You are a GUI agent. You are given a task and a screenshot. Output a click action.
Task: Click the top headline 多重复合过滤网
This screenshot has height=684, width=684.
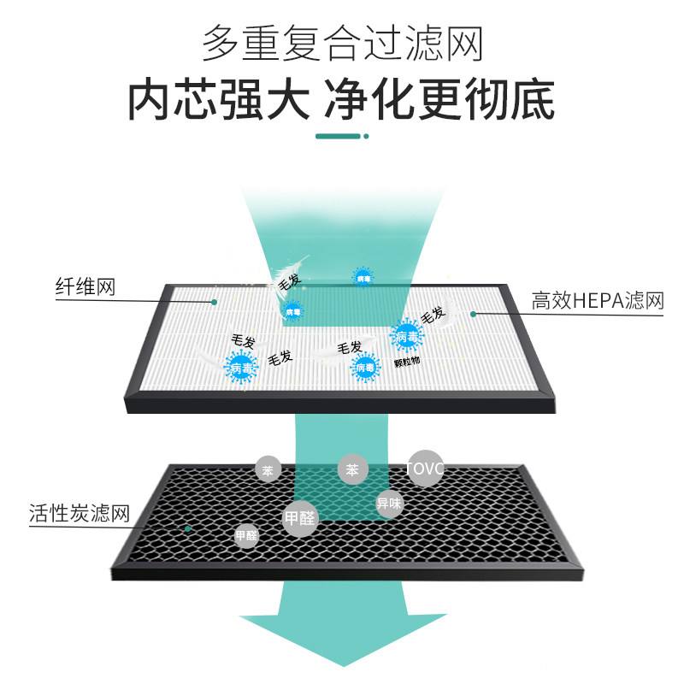pos(342,43)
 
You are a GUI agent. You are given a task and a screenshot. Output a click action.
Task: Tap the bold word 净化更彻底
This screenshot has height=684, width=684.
pos(439,100)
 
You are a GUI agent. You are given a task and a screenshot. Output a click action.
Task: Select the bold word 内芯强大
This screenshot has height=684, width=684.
pos(218,100)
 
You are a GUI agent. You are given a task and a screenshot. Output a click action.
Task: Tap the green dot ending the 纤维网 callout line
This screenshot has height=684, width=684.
pos(215,301)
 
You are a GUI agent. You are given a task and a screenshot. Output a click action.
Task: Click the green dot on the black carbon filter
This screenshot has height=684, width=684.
pos(187,528)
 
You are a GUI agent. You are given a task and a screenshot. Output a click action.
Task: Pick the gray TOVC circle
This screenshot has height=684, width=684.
pos(425,468)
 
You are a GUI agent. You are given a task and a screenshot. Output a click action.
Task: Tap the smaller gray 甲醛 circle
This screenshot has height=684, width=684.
pos(246,536)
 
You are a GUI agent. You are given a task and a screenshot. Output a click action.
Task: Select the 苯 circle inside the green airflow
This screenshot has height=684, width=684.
pos(351,469)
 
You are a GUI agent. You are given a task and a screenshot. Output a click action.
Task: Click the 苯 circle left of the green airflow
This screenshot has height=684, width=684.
pos(268,469)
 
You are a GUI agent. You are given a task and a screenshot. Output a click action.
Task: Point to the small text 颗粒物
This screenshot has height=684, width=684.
pos(407,362)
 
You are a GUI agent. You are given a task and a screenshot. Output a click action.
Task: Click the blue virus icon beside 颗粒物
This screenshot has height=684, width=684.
pos(365,368)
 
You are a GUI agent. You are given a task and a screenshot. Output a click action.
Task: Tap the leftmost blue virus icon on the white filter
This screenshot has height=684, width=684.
pos(242,369)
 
